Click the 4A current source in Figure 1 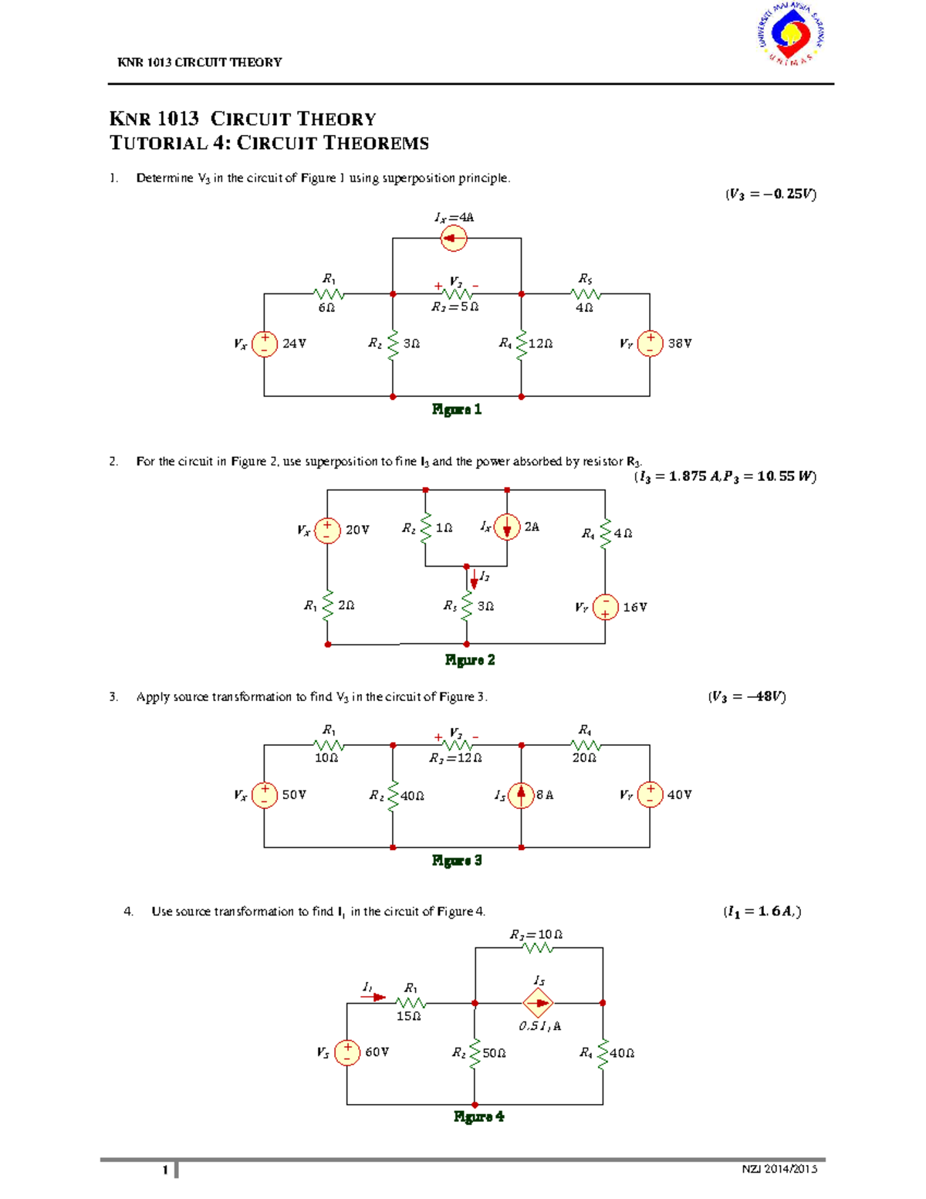(x=454, y=239)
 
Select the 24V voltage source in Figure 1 (x=265, y=344)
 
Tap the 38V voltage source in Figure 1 (x=650, y=344)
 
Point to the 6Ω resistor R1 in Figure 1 (x=329, y=294)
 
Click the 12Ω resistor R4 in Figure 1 (x=522, y=344)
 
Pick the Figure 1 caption (x=457, y=409)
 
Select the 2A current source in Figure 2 (x=507, y=527)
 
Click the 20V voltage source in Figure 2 (x=327, y=530)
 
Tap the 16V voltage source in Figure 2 (x=605, y=607)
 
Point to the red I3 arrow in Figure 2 (x=474, y=579)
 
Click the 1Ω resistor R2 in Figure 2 (x=425, y=528)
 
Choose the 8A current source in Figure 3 (x=522, y=794)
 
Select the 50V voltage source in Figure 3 (x=265, y=794)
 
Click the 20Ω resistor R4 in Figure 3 (x=586, y=745)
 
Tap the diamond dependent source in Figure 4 (x=538, y=1003)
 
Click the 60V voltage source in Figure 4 (x=347, y=1052)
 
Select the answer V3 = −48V (x=746, y=696)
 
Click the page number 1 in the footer (x=165, y=1170)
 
